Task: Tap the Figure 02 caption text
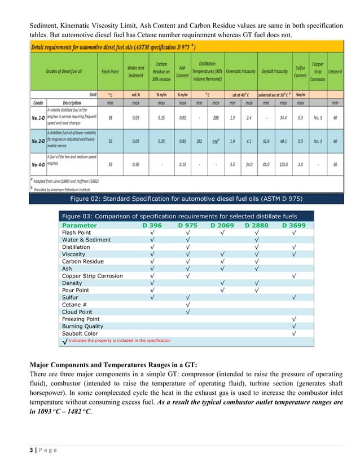[186, 199]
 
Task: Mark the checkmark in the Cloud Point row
[188, 311]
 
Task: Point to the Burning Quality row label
[82, 326]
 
